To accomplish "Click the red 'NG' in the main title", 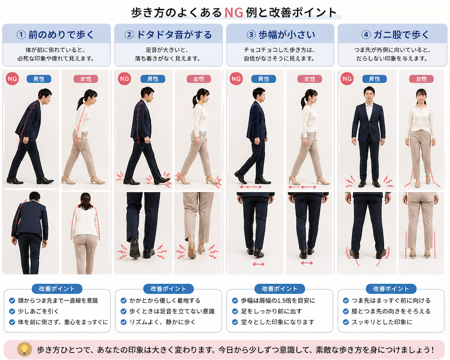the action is pyautogui.click(x=233, y=12).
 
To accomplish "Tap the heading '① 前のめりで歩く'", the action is pyautogui.click(x=55, y=35).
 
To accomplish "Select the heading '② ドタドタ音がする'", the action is pyautogui.click(x=168, y=35).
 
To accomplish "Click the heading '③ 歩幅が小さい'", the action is pyautogui.click(x=281, y=35).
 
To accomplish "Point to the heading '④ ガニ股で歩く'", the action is pyautogui.click(x=395, y=35).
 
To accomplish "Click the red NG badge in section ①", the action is pyautogui.click(x=12, y=79).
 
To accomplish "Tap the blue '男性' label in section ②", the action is pyautogui.click(x=152, y=79).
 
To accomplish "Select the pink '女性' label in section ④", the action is pyautogui.click(x=421, y=79).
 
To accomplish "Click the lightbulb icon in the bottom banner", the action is pyautogui.click(x=25, y=349).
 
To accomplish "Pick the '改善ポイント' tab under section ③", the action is pyautogui.click(x=280, y=289).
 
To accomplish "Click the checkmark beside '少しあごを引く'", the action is pyautogui.click(x=12, y=311).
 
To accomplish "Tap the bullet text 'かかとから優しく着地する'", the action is pyautogui.click(x=165, y=300).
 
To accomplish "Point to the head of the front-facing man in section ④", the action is pyautogui.click(x=369, y=94).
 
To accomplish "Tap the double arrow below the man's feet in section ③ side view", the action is pyautogui.click(x=251, y=187).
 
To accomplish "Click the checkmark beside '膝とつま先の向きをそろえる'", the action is pyautogui.click(x=346, y=311).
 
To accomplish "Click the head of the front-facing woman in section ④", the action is pyautogui.click(x=421, y=96).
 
